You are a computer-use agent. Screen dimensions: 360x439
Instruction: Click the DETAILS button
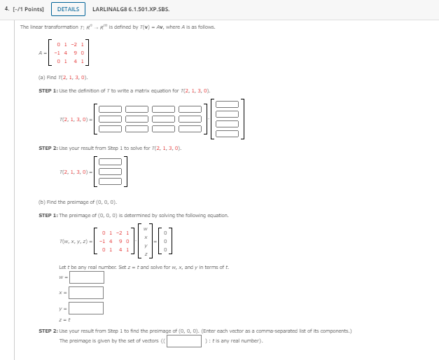click(x=68, y=9)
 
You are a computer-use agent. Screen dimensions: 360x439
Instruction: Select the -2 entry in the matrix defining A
click(x=72, y=43)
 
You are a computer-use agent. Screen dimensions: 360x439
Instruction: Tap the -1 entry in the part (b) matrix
click(x=104, y=242)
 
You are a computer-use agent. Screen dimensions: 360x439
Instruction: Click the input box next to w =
click(x=86, y=277)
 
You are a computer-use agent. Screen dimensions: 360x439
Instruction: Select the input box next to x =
click(x=86, y=292)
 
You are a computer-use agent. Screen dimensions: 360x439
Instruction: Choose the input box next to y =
click(x=86, y=307)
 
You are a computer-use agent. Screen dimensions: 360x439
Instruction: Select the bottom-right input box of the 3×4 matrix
click(x=190, y=129)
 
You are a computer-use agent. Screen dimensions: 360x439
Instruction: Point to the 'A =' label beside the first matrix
click(x=44, y=52)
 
